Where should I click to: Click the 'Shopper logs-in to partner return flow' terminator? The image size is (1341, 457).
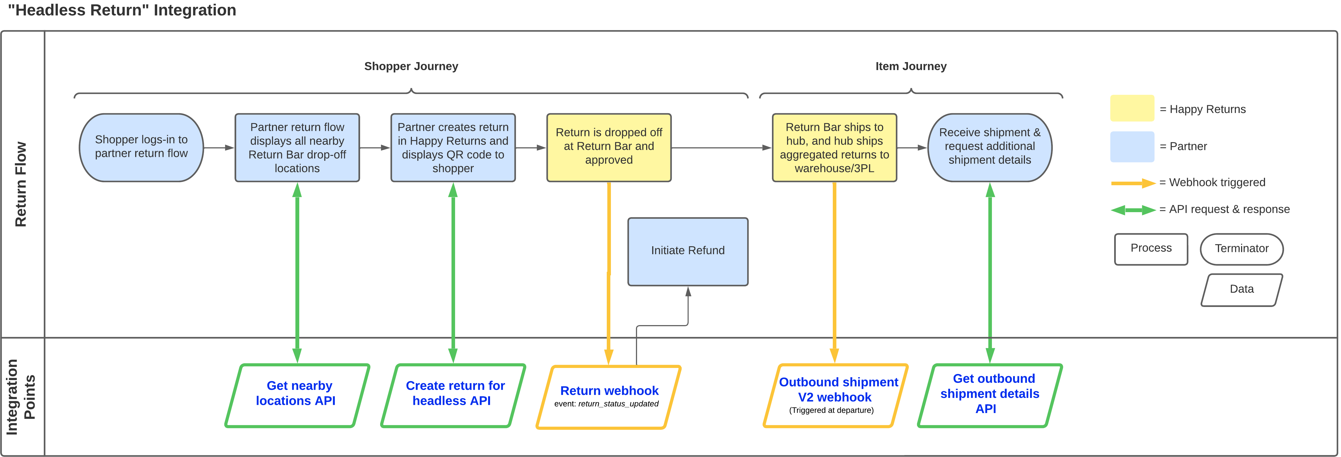pos(141,148)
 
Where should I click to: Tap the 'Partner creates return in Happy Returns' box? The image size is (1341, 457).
pos(453,148)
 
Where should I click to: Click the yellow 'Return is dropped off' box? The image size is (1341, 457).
pos(608,148)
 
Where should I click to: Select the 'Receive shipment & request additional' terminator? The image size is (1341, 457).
pos(990,148)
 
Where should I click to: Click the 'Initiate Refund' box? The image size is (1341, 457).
pos(688,251)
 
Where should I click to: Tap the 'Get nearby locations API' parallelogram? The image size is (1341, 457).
pos(297,395)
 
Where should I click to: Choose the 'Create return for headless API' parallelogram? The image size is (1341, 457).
pos(453,395)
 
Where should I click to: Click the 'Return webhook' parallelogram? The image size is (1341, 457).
pos(608,397)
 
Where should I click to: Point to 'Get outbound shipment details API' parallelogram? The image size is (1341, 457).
pos(990,395)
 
